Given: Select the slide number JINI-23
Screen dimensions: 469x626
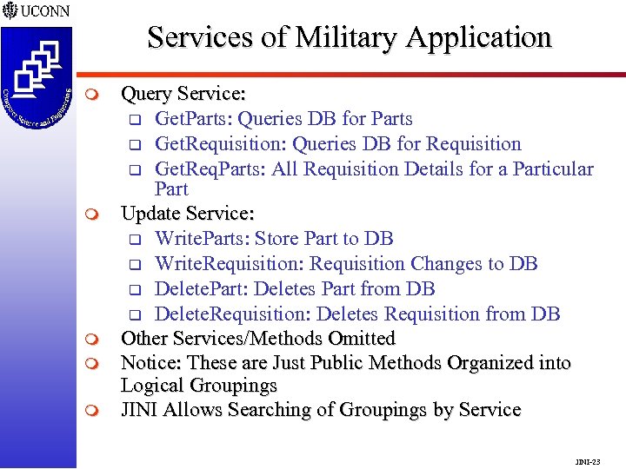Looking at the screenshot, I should pos(588,461).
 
